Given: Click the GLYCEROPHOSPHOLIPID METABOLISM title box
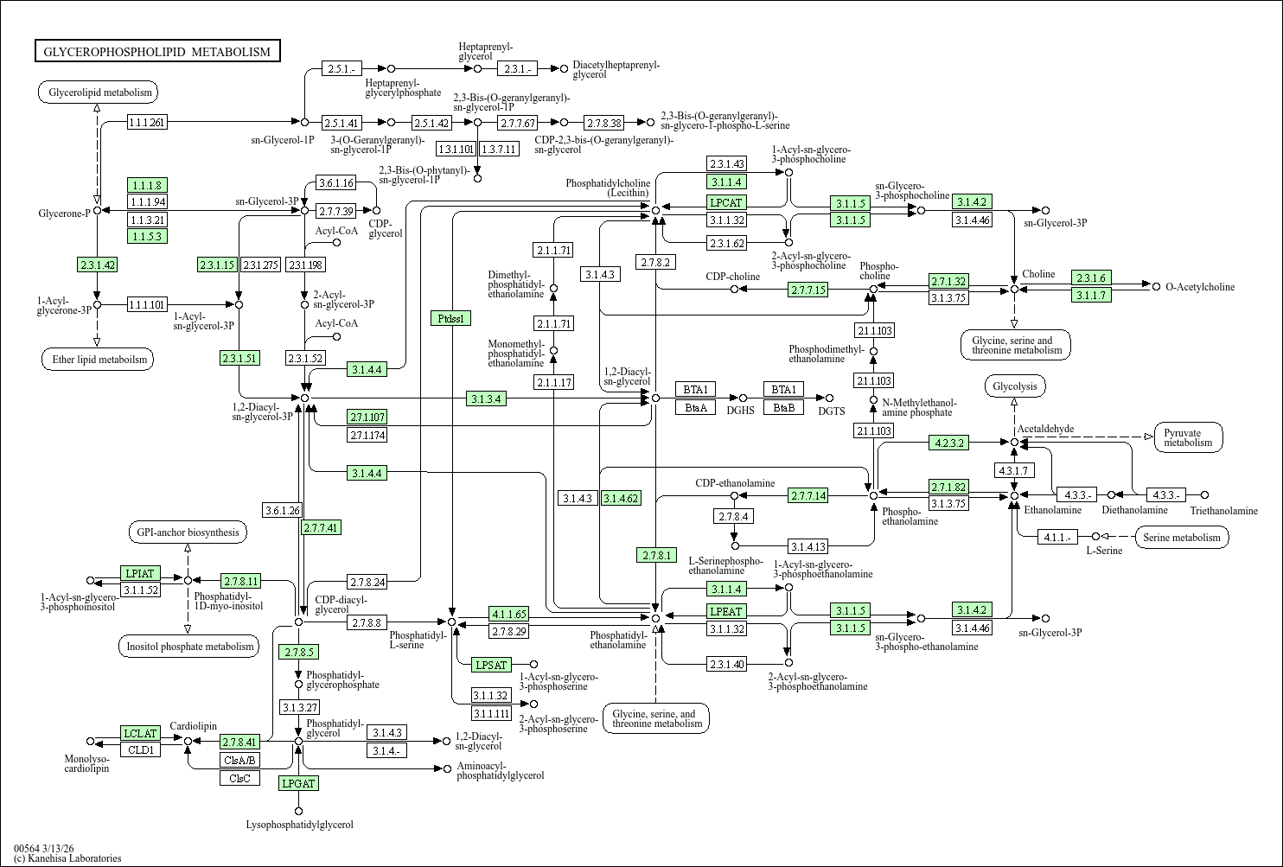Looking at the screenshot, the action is pos(157,51).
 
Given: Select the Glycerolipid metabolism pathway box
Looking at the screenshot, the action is pos(98,92).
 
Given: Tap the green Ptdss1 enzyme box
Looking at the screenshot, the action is pos(450,318).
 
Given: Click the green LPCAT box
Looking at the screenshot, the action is pos(726,202).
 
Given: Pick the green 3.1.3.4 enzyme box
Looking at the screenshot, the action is pos(486,398).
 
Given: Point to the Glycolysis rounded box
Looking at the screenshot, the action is pos(1015,386).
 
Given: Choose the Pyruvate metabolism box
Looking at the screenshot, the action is pos(1188,437).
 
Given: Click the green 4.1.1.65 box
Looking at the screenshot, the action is pos(508,614).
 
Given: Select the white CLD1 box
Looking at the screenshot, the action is pos(140,749).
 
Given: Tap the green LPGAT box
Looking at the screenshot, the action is pos(298,783).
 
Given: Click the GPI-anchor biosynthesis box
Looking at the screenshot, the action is pos(188,532).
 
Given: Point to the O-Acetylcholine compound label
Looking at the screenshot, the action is pos(1200,287).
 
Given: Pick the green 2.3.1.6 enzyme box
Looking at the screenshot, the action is pos(1091,277).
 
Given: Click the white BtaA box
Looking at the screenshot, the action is pos(695,407).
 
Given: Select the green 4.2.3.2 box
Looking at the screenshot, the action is pos(948,443).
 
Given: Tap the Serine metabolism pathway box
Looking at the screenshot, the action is pos(1182,537).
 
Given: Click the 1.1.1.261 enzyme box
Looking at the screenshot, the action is pos(147,122).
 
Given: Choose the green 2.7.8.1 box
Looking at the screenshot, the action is pos(656,555).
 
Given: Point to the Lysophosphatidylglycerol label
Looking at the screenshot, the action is pos(299,825).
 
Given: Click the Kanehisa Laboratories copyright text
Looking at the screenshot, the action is pos(67,857).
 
